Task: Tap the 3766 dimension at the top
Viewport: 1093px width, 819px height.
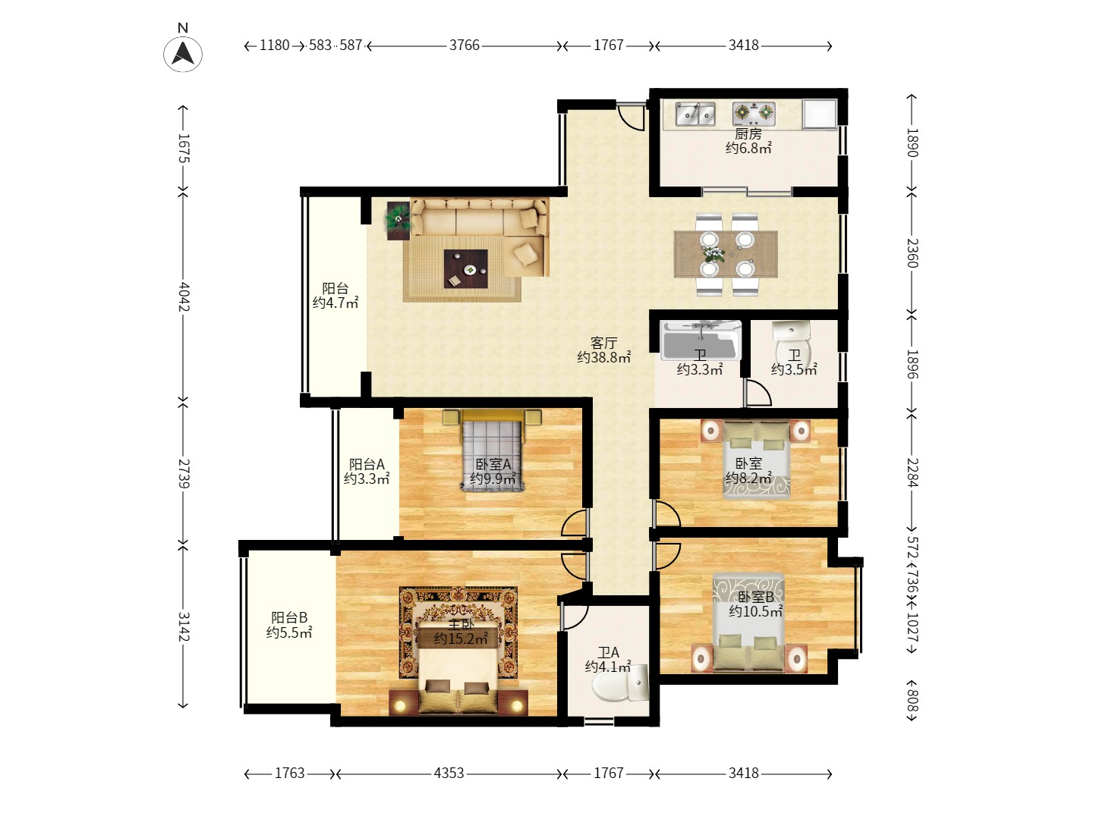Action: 464,45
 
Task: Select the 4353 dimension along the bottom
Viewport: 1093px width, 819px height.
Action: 449,773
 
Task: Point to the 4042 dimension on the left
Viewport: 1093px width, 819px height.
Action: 183,297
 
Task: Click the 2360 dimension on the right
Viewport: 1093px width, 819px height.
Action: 912,253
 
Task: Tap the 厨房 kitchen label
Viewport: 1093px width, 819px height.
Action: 748,133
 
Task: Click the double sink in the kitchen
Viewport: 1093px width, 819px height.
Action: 695,114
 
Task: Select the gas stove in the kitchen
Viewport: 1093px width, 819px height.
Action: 754,114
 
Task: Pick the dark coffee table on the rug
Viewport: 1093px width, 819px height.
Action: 465,268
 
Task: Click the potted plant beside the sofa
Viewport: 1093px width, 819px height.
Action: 398,219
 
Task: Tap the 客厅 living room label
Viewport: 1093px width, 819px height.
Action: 603,343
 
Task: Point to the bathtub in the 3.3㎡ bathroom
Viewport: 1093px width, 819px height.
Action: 701,340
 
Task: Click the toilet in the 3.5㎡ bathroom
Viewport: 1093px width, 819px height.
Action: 792,343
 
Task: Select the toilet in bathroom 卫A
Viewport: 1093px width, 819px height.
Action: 620,682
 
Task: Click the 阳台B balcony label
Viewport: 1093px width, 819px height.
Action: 289,617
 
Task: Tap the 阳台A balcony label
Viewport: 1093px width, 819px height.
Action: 367,464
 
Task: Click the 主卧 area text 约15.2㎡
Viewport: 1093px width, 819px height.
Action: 460,639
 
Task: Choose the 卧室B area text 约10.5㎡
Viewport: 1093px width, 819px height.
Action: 756,611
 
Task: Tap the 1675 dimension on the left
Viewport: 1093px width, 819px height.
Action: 183,148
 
